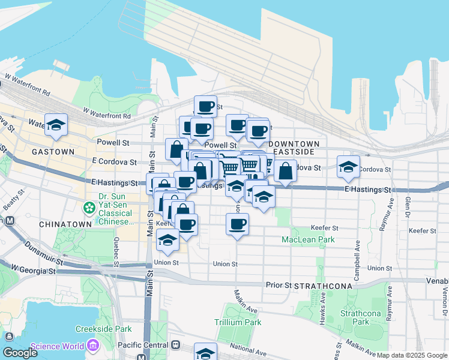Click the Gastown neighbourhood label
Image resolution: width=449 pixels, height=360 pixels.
click(x=53, y=152)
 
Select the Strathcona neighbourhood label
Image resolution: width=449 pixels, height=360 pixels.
click(x=323, y=287)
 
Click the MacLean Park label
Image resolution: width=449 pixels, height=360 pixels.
click(x=308, y=239)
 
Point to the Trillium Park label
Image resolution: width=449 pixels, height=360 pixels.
click(x=238, y=322)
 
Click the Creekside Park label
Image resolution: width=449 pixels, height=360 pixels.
click(x=104, y=329)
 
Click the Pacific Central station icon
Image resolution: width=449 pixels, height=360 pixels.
click(x=175, y=346)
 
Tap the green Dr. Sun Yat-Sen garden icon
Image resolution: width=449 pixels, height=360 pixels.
click(x=89, y=208)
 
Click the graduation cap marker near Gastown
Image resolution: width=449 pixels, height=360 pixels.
click(x=56, y=125)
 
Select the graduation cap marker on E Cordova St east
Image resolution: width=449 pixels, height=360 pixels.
click(x=348, y=167)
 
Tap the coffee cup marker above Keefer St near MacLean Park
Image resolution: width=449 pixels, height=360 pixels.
click(x=237, y=224)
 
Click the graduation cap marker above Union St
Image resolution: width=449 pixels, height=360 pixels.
click(x=167, y=240)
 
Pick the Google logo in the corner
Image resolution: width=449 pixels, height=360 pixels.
click(x=20, y=353)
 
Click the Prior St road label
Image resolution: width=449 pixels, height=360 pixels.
click(x=279, y=285)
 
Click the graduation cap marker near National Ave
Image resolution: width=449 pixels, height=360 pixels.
click(x=205, y=353)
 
